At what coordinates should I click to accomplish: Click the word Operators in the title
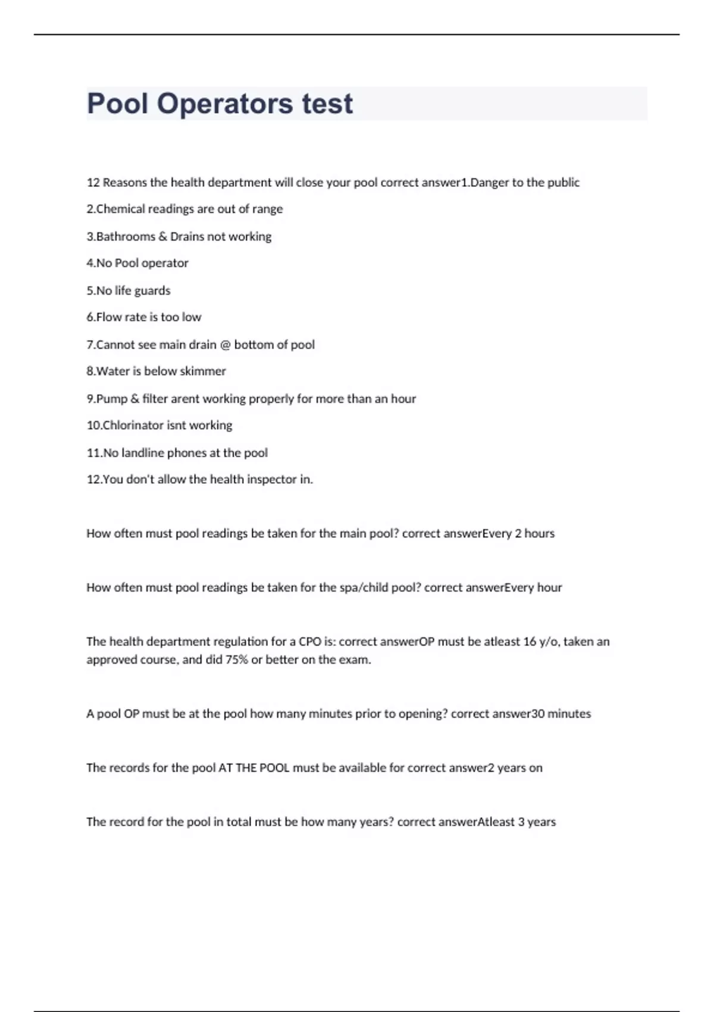[225, 104]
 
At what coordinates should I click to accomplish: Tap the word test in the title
[327, 104]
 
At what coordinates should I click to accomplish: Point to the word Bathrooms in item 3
[126, 236]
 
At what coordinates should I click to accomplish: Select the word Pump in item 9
[111, 399]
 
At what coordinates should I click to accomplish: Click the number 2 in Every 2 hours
[518, 534]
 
